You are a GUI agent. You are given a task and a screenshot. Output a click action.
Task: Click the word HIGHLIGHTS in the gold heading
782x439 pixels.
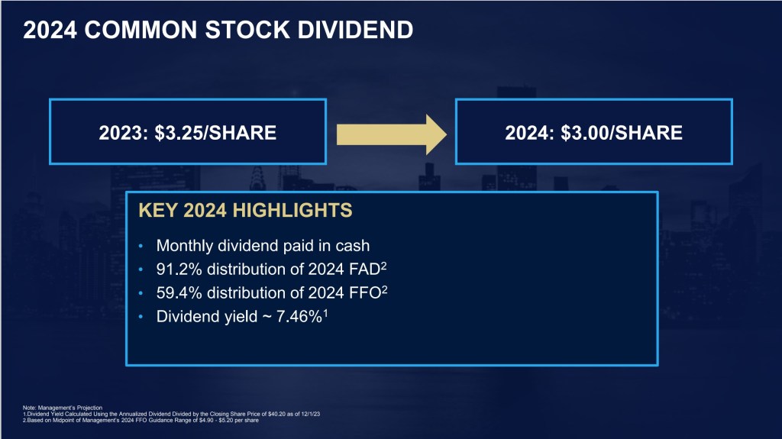tap(290, 211)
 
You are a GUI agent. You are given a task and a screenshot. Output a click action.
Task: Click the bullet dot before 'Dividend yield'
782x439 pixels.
tap(141, 314)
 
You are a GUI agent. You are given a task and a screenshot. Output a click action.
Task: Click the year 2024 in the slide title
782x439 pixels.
tap(50, 30)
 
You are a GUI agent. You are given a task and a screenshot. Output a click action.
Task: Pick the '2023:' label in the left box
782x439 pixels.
tap(124, 133)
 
